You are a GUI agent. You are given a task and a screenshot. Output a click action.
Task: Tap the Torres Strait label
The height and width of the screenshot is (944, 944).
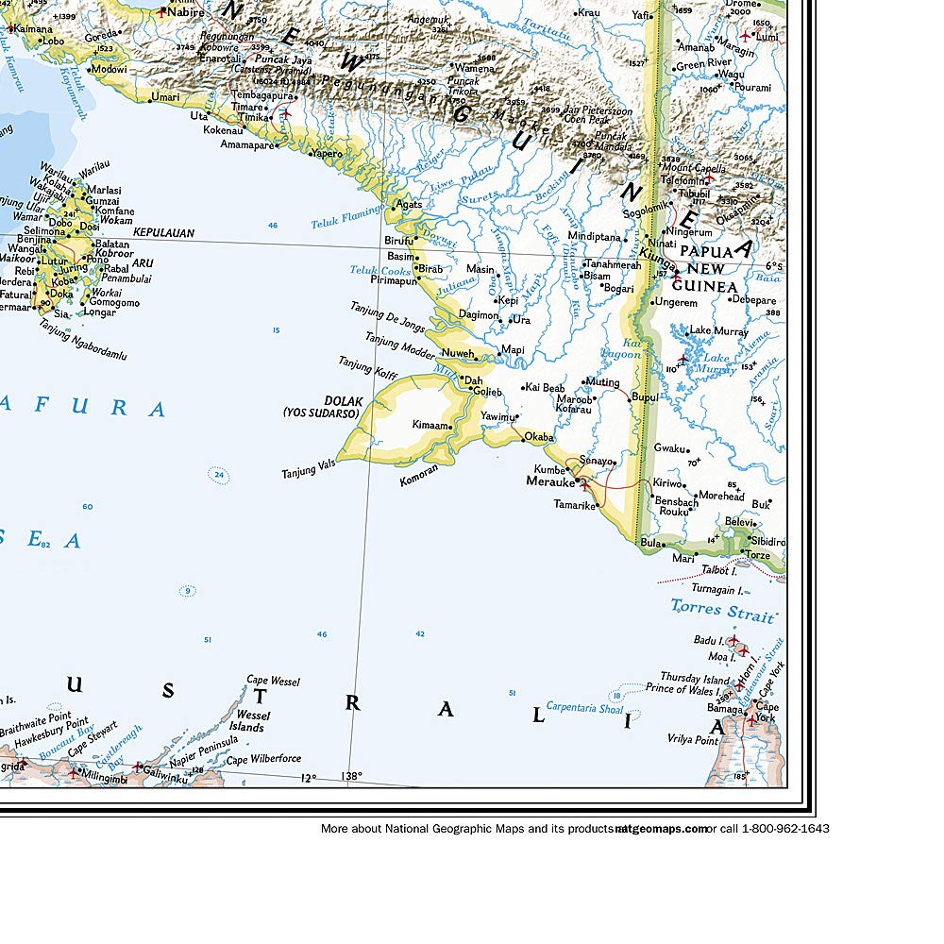[722, 609]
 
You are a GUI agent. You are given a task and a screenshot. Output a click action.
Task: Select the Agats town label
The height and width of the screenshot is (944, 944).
[409, 204]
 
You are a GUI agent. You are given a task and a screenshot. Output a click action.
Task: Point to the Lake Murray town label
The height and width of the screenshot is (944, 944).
[718, 331]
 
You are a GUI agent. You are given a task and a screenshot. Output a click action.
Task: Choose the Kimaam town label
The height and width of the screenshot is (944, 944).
[430, 426]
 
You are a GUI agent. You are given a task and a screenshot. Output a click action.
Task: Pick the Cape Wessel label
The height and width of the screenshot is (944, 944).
[274, 681]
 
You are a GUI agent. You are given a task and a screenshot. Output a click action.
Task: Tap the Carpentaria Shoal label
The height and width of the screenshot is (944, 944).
[584, 707]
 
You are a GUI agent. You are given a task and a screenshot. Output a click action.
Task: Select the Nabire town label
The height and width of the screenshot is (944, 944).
[185, 12]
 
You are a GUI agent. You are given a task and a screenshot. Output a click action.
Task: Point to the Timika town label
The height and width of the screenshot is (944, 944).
[252, 118]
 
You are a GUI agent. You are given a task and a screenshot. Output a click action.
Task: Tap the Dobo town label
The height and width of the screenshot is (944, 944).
[63, 225]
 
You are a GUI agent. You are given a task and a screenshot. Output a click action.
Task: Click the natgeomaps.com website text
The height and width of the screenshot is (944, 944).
[661, 829]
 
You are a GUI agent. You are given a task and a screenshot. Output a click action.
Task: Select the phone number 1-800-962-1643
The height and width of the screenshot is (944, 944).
[785, 829]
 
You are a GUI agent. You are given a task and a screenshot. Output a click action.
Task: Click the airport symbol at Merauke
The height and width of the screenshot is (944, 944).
[584, 485]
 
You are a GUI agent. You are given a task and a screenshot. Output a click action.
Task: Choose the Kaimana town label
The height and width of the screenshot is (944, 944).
[32, 29]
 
